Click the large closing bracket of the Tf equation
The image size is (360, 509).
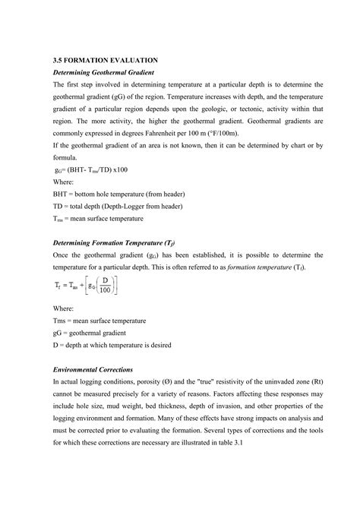tap(114, 286)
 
